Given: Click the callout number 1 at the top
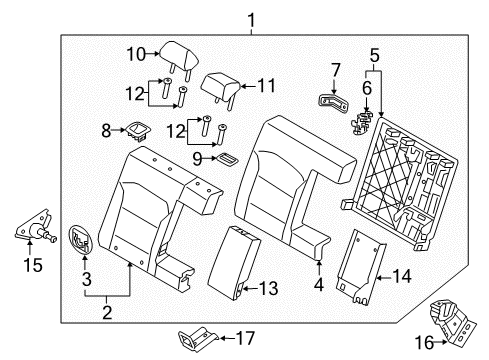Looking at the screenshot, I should click(251, 17).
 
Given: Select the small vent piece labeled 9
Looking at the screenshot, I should click(229, 158).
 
